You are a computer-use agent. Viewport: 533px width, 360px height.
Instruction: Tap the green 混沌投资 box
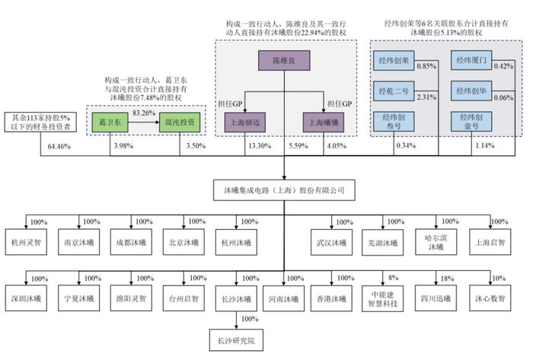(179, 121)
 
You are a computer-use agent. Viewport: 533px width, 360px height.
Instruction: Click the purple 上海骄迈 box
(247, 121)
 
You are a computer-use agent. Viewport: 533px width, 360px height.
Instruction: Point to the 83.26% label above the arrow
(144, 112)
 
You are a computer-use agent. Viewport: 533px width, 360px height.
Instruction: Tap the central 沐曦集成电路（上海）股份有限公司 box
(283, 188)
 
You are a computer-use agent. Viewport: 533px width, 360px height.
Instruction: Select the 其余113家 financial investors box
(39, 122)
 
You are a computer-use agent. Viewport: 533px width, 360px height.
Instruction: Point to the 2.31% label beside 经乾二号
(427, 97)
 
